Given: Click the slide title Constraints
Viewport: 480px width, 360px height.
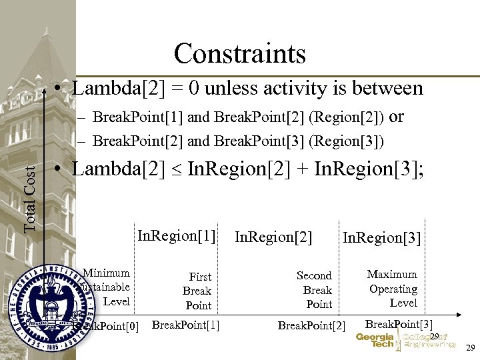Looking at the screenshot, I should (x=239, y=53).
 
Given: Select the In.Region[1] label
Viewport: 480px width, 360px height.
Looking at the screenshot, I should (x=177, y=235).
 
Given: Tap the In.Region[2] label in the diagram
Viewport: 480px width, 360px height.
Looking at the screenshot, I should (x=273, y=236).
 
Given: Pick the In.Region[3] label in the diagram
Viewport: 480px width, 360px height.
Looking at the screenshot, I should (x=381, y=237).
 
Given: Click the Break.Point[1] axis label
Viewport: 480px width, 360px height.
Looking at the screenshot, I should (x=186, y=325).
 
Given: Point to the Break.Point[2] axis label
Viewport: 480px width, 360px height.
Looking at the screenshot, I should (x=311, y=325).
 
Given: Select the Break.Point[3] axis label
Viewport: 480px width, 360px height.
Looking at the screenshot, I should (x=399, y=324).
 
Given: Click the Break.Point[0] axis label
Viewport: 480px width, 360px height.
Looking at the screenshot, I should (x=110, y=326).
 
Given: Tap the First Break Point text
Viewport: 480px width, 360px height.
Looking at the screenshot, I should (x=198, y=291).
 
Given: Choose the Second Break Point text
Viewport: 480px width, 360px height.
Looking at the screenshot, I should (x=315, y=289).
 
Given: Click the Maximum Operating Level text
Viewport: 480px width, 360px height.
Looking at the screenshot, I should (x=393, y=289).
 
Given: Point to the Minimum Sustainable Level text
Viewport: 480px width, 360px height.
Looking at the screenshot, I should (x=105, y=287).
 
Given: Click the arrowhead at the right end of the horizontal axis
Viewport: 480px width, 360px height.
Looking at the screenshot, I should (x=460, y=314).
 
